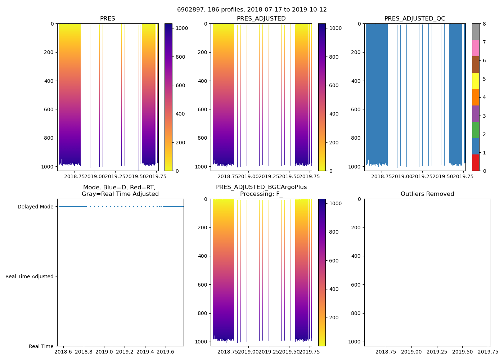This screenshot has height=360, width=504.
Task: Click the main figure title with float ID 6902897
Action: click(252, 10)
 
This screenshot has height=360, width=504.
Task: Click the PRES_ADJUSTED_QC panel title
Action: click(414, 19)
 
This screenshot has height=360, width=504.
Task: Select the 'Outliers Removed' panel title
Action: click(427, 194)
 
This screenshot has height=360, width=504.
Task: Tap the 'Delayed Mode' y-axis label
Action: click(35, 207)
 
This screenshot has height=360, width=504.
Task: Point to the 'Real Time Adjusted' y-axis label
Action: click(30, 276)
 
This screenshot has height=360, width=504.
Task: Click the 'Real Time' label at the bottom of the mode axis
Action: click(41, 346)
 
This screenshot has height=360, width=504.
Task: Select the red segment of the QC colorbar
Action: click(476, 163)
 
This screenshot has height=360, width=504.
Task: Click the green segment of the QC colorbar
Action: click(476, 130)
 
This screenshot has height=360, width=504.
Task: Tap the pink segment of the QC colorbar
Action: click(476, 48)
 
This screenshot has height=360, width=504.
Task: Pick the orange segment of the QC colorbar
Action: click(476, 97)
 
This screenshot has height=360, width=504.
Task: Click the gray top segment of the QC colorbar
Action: click(476, 32)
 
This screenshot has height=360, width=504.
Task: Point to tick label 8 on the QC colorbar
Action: click(484, 24)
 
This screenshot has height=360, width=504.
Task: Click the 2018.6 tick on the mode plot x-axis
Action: click(63, 352)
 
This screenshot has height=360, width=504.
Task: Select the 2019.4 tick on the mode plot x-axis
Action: click(145, 352)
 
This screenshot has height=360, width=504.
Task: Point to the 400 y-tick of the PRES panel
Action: click(49, 81)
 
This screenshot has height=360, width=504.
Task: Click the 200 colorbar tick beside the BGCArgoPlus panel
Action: click(334, 318)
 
